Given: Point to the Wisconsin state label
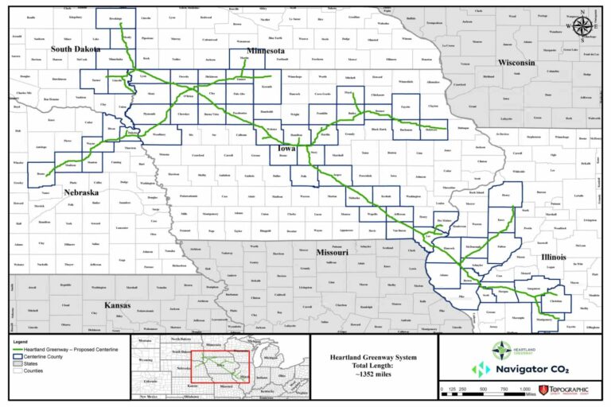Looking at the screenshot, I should [x=516, y=63].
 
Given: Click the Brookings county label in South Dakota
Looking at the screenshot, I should [x=115, y=17].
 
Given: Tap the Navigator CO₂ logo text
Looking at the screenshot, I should [x=525, y=370].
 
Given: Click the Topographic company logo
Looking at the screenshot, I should [x=566, y=390].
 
